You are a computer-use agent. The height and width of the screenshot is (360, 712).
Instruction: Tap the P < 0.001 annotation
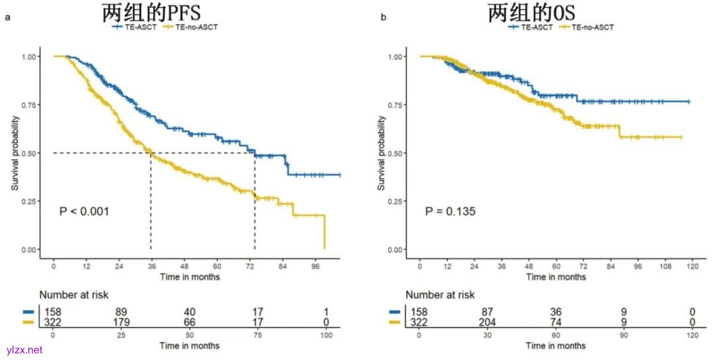click(x=84, y=212)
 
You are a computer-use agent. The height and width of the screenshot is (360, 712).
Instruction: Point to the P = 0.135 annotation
click(x=450, y=212)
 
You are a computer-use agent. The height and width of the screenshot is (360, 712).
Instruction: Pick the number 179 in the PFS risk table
click(x=119, y=323)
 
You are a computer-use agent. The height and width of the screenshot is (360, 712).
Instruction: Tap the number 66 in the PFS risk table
click(x=189, y=323)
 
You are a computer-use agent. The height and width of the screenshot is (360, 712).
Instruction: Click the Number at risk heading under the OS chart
click(x=440, y=295)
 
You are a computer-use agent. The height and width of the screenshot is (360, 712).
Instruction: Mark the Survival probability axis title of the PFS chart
click(x=15, y=153)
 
